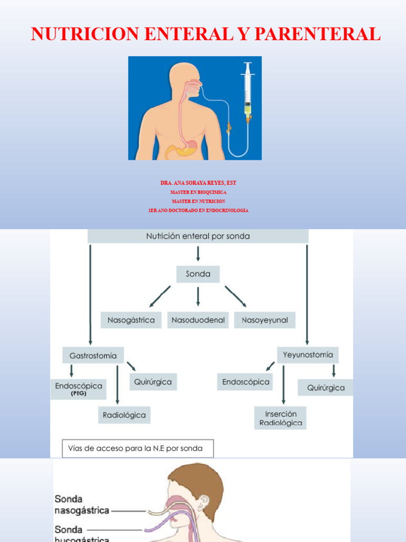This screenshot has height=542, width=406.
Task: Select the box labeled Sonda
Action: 198,274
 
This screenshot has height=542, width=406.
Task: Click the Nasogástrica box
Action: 131,320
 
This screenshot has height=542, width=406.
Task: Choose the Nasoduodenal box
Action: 198,320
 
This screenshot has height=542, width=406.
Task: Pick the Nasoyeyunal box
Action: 265,320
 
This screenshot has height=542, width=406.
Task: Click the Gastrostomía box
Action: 93,355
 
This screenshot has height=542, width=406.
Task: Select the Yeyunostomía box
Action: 308,355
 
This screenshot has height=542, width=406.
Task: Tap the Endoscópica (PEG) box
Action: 78,389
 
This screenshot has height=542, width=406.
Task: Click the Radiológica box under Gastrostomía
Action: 124,415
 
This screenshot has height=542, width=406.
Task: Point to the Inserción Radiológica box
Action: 280,418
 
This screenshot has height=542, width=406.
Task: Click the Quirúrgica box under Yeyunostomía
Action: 326,387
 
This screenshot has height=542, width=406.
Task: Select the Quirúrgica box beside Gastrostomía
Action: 153,382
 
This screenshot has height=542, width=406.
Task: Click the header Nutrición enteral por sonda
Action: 198,237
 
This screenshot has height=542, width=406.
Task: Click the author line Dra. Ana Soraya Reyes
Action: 198,183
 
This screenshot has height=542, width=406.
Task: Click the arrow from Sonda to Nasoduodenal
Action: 198,296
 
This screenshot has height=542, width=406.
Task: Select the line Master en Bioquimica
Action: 198,192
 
